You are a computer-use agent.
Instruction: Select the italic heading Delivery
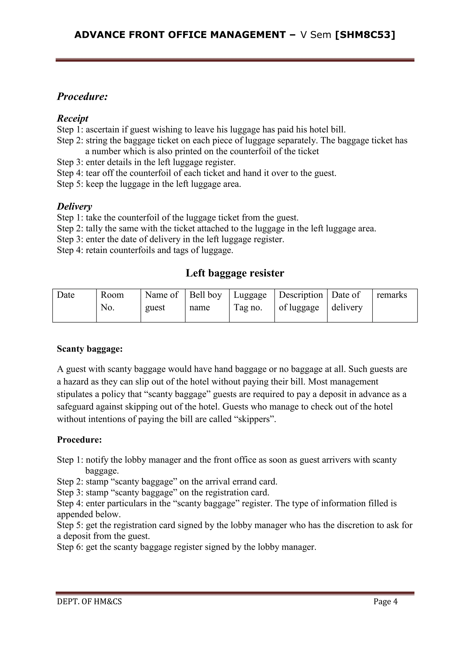tap(74, 206)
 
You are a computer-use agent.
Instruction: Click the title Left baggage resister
tap(235, 273)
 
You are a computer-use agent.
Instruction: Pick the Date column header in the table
tap(66, 295)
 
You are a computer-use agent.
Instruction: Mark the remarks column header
tap(392, 295)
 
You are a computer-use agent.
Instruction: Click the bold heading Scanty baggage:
tap(90, 349)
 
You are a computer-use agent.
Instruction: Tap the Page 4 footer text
tap(386, 602)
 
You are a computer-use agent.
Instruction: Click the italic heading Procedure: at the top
tap(82, 96)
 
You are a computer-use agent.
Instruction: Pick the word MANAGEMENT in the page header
tap(248, 35)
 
